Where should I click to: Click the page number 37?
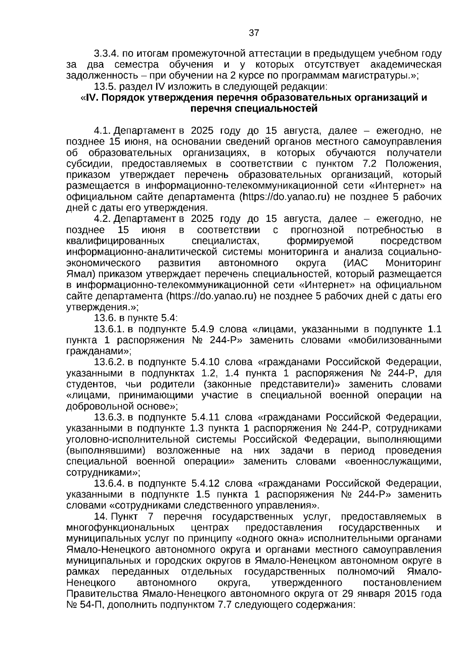(x=254, y=33)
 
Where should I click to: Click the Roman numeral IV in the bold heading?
(x=91, y=97)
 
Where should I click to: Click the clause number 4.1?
(x=102, y=130)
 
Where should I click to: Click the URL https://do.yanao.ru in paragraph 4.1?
(x=285, y=197)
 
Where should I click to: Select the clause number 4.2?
(x=102, y=219)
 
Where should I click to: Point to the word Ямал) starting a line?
(x=80, y=274)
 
